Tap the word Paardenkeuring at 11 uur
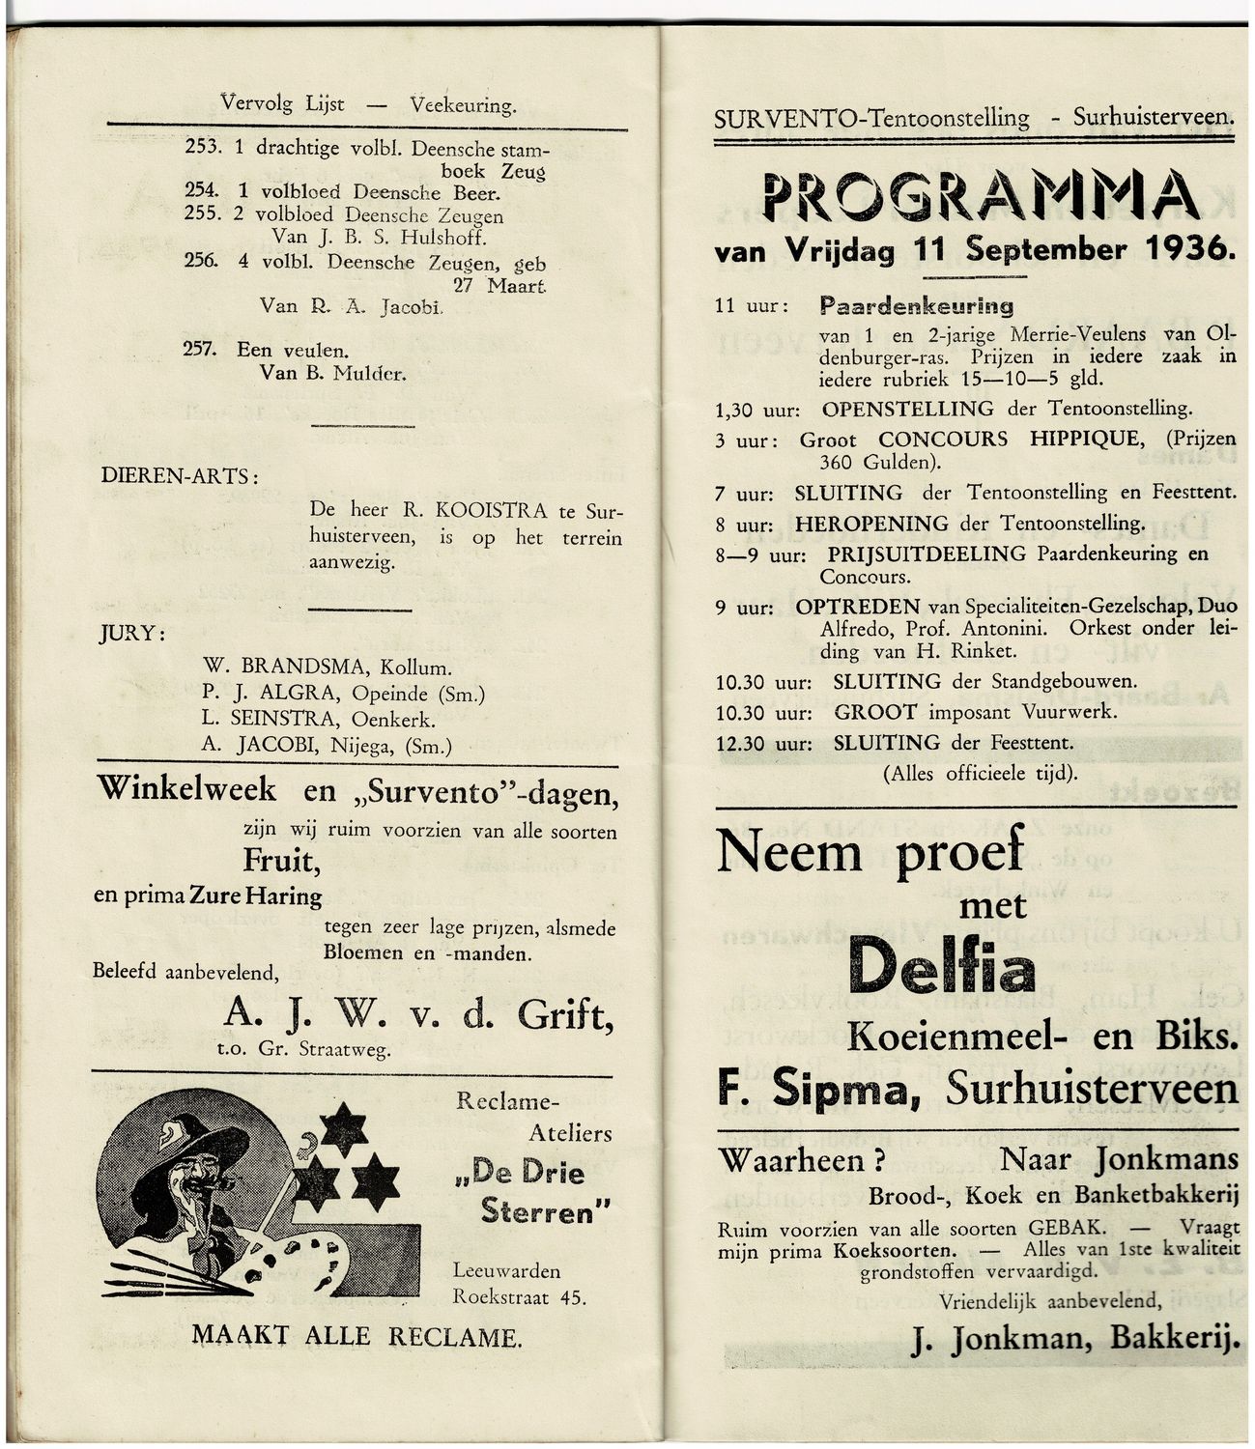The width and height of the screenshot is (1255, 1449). pos(916,306)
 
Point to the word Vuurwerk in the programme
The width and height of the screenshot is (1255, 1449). pos(1069,712)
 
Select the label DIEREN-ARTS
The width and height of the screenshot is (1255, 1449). pos(179,476)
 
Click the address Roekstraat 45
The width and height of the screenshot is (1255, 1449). pos(519,1296)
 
